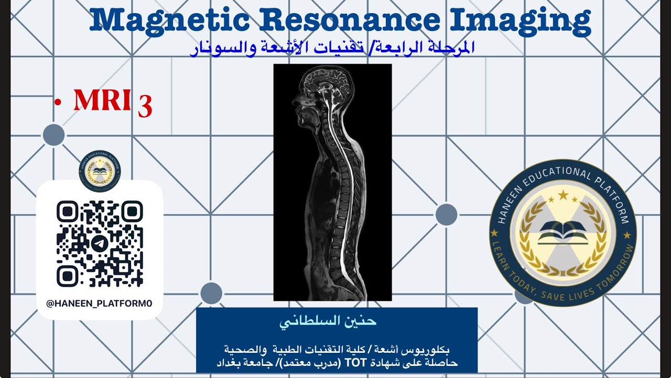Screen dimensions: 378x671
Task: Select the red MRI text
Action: coord(102,100)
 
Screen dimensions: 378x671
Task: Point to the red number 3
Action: coord(145,106)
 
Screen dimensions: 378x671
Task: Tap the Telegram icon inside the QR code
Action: coord(100,244)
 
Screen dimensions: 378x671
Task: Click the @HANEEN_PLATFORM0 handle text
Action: coord(99,303)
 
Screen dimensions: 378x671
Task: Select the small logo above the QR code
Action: coord(100,171)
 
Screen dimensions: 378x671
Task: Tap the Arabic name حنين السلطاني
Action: coord(337,321)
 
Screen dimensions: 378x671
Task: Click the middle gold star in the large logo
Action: coord(563,195)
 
